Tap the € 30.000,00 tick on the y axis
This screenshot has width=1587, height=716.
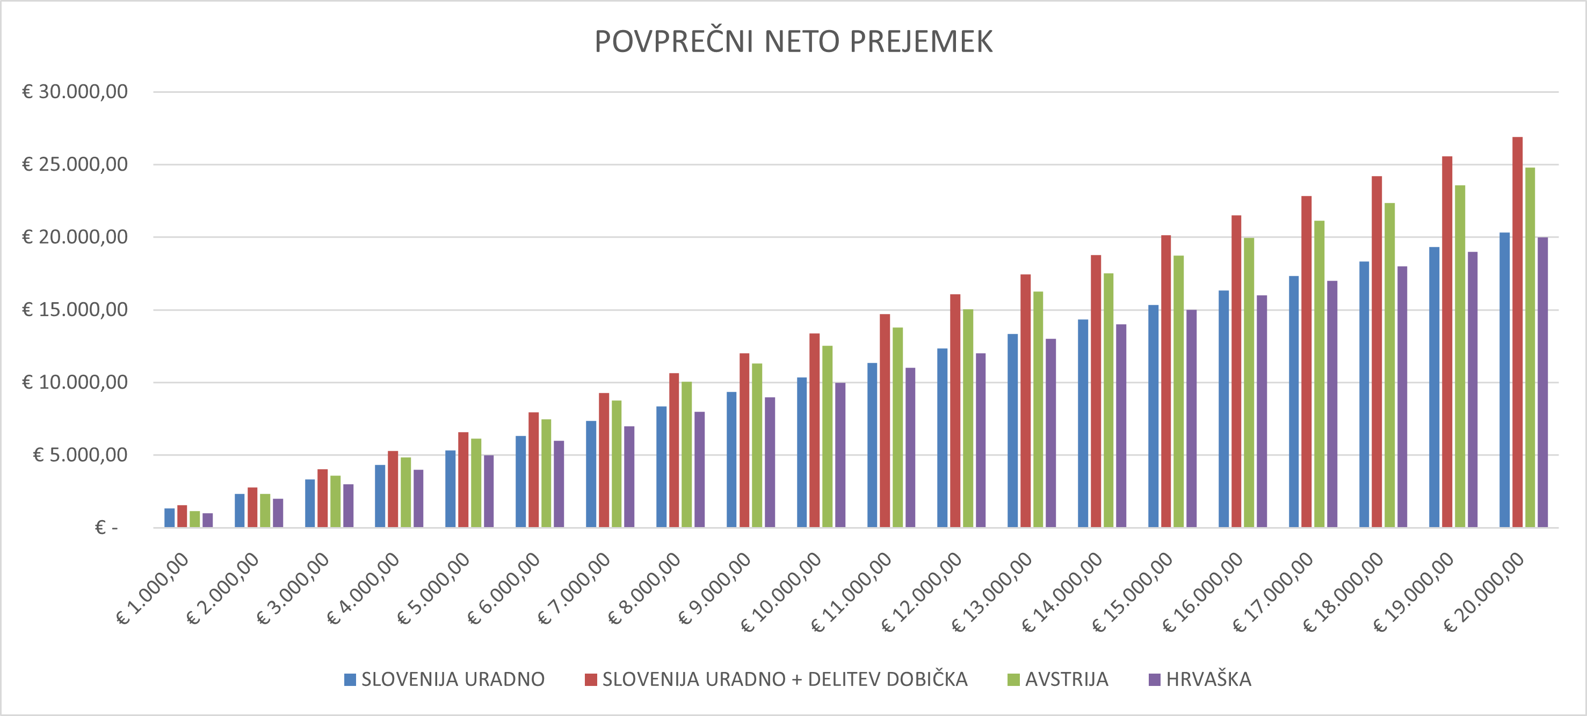(75, 92)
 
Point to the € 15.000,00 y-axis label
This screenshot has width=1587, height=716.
(75, 310)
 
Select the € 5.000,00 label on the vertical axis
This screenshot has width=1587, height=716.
(80, 455)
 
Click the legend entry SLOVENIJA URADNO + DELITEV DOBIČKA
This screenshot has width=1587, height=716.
(776, 679)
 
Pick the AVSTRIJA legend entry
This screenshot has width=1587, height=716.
(1058, 679)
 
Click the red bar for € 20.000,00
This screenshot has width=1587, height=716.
(1517, 332)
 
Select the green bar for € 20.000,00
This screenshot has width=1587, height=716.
(1530, 348)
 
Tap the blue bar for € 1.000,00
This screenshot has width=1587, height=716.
(169, 518)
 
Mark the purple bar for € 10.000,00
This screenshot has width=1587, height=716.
(840, 455)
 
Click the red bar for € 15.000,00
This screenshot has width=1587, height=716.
(1165, 382)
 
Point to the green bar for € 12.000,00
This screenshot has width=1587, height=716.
(968, 419)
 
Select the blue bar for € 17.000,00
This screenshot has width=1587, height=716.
(1294, 401)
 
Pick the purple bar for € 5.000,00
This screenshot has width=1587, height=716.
(489, 491)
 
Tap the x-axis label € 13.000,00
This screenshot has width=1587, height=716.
(992, 591)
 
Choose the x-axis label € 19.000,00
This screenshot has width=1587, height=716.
(1415, 591)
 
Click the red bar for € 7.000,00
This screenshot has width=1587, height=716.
(604, 461)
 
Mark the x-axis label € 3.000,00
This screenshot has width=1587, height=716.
(294, 587)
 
